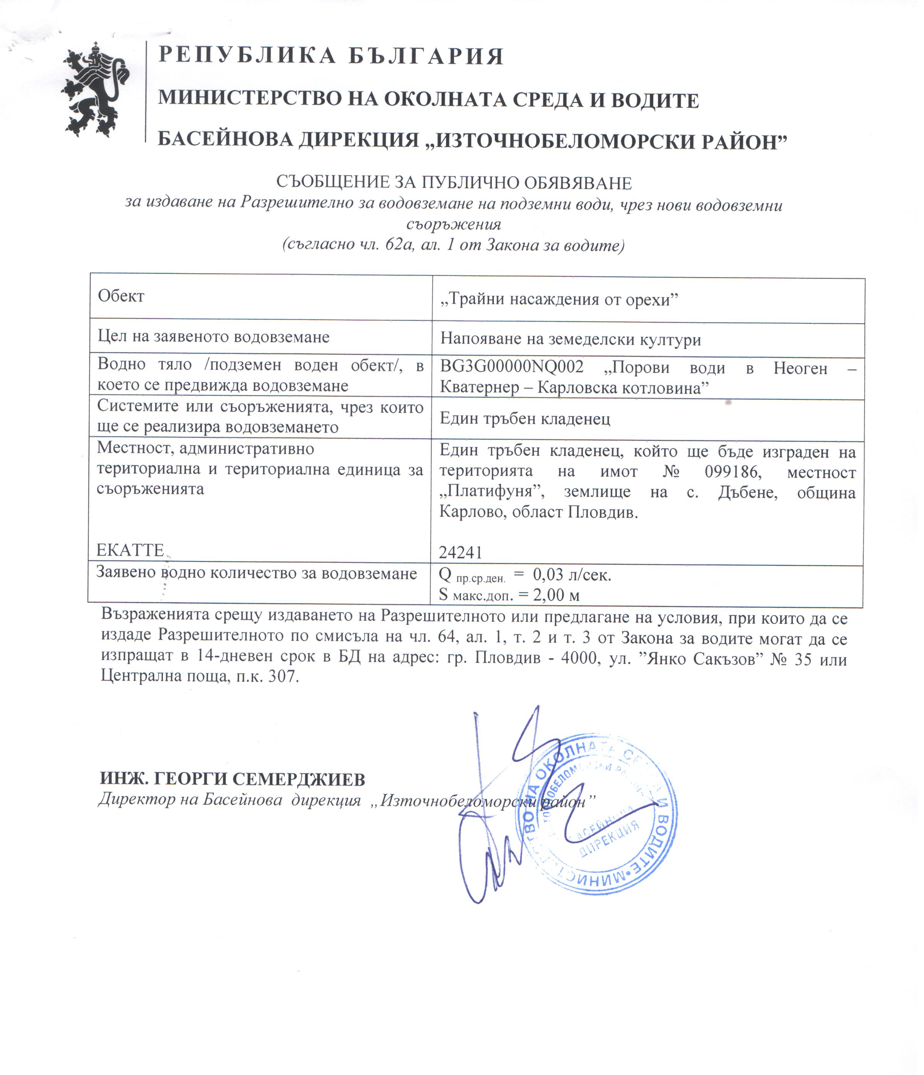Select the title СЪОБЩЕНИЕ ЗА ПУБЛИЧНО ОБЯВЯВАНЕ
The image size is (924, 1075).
click(454, 183)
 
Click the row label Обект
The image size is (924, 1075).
click(121, 296)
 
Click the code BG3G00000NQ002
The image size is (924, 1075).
click(512, 367)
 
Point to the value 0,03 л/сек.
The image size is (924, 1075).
click(572, 574)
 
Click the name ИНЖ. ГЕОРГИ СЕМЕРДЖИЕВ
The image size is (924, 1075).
click(233, 779)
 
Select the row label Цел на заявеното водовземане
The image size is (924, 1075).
click(214, 337)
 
